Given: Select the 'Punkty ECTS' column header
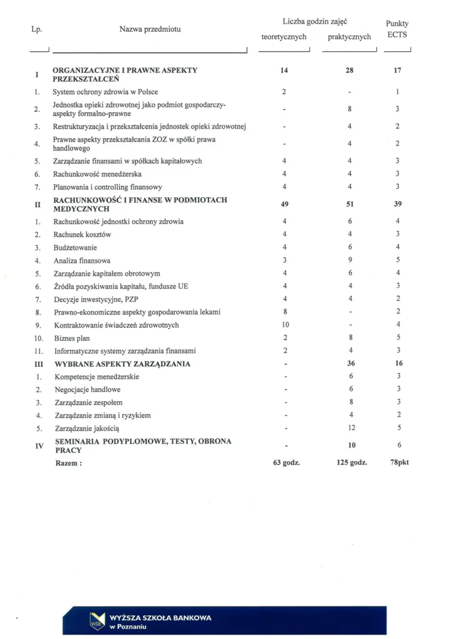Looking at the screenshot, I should pyautogui.click(x=397, y=29).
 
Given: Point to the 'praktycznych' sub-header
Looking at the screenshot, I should pyautogui.click(x=349, y=37).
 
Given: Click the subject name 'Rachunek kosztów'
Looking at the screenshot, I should pyautogui.click(x=82, y=234).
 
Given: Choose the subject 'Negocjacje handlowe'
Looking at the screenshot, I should pyautogui.click(x=87, y=389).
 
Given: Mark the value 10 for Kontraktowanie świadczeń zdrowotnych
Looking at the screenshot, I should pyautogui.click(x=284, y=324).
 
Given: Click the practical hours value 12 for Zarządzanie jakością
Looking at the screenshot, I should pyautogui.click(x=350, y=428).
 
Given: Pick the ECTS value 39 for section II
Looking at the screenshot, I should pyautogui.click(x=398, y=204).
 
